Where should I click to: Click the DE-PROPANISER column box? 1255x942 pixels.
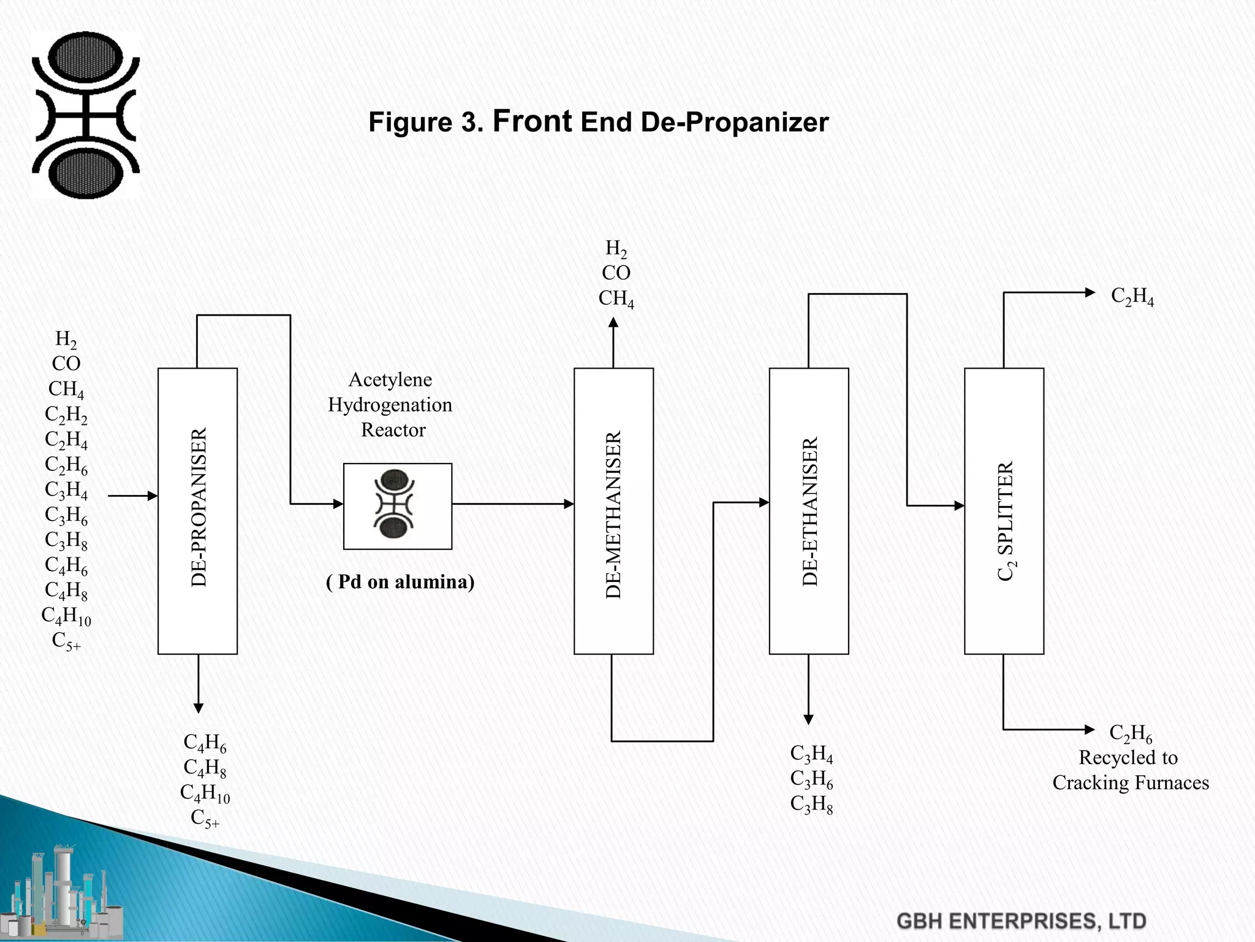pyautogui.click(x=197, y=511)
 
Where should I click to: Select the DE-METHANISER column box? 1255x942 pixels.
pyautogui.click(x=613, y=511)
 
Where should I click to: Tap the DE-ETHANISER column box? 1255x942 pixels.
pyautogui.click(x=809, y=511)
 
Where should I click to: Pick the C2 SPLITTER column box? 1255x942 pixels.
pyautogui.click(x=1004, y=511)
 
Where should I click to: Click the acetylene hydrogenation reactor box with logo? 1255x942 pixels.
pyautogui.click(x=398, y=506)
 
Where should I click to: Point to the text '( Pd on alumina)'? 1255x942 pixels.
pyautogui.click(x=400, y=581)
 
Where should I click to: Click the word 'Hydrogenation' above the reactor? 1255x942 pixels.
pyautogui.click(x=390, y=405)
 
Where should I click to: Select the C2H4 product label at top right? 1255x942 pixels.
pyautogui.click(x=1132, y=296)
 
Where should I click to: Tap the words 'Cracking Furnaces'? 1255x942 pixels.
pyautogui.click(x=1131, y=783)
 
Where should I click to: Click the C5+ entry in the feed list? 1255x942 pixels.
pyautogui.click(x=66, y=641)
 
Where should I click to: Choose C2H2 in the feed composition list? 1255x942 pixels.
pyautogui.click(x=66, y=415)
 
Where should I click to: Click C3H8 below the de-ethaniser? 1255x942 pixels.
pyautogui.click(x=811, y=804)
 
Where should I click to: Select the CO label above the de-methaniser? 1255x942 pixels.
pyautogui.click(x=616, y=273)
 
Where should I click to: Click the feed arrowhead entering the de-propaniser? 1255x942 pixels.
pyautogui.click(x=153, y=496)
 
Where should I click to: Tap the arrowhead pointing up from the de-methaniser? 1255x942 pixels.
pyautogui.click(x=613, y=323)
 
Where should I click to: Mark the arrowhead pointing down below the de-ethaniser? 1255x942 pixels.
pyautogui.click(x=808, y=719)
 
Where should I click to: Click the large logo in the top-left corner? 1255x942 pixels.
pyautogui.click(x=86, y=115)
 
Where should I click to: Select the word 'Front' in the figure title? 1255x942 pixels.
pyautogui.click(x=532, y=121)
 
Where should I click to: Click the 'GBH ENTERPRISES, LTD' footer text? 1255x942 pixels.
pyautogui.click(x=1021, y=921)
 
